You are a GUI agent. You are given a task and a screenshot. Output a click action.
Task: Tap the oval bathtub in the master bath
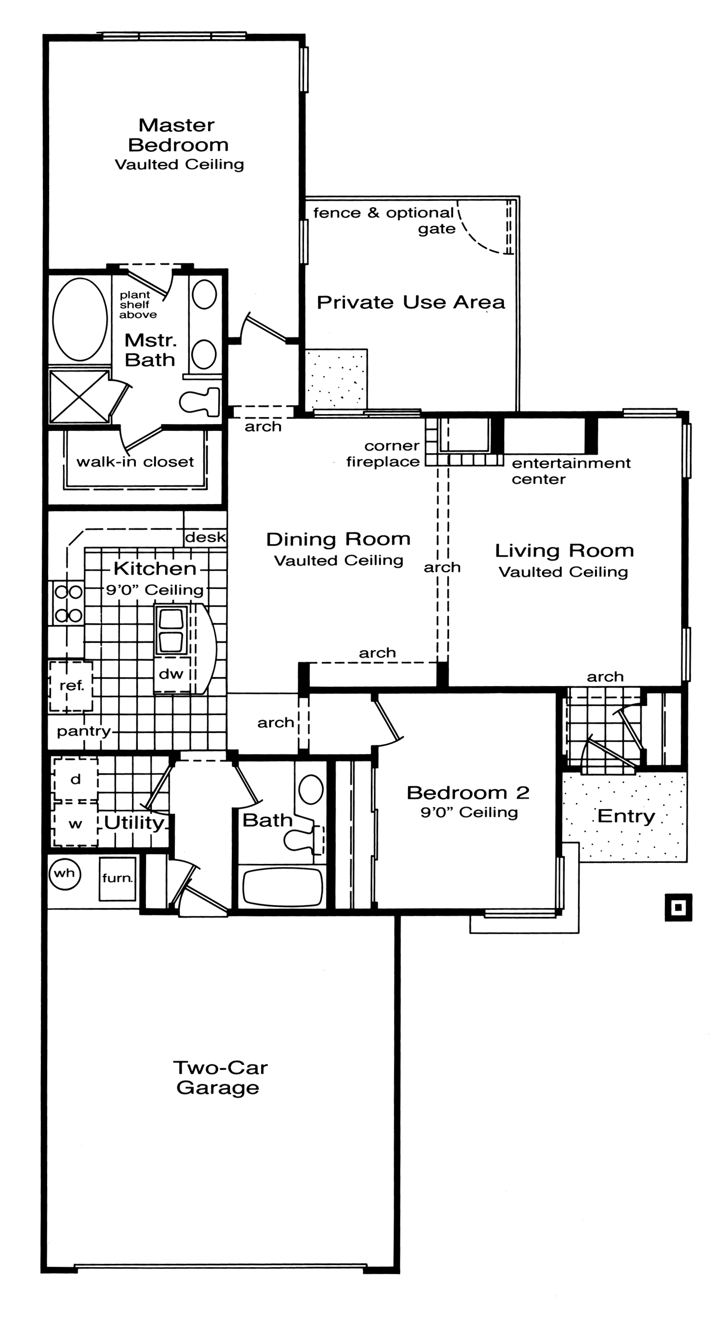80,320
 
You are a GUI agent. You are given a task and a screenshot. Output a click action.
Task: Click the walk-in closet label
135,462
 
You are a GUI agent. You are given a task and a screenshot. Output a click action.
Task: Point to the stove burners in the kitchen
68,603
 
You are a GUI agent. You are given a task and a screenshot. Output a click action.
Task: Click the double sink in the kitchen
172,630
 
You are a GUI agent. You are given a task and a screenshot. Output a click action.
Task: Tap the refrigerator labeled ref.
71,686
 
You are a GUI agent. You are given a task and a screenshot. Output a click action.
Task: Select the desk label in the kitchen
205,537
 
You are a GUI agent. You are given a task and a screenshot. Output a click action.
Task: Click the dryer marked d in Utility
76,779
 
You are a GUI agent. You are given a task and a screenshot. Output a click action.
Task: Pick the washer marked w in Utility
76,823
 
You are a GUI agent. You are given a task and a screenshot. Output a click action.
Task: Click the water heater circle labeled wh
65,873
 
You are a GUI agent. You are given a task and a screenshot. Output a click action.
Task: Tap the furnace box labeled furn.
118,878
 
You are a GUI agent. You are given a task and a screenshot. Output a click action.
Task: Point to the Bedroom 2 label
468,793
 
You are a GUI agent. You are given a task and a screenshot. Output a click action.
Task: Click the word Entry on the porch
626,817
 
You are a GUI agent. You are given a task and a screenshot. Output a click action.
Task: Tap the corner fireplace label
383,454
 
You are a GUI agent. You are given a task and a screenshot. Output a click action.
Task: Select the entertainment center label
571,471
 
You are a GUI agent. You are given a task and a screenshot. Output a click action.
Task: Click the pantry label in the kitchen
84,731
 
